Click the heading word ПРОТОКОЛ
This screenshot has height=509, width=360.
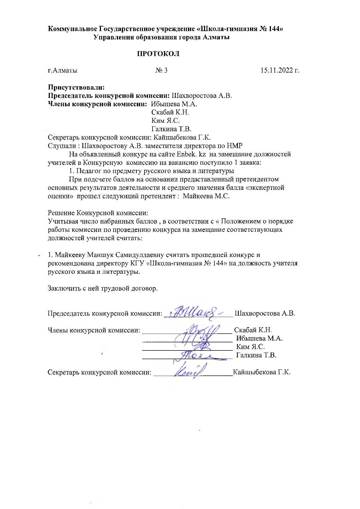(x=158, y=54)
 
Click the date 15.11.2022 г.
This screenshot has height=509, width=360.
(x=280, y=70)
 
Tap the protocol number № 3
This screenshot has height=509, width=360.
(x=161, y=70)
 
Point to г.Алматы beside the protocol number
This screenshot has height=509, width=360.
(x=62, y=70)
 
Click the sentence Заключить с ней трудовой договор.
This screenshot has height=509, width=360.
(x=102, y=289)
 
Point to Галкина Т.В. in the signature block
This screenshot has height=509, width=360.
(x=256, y=355)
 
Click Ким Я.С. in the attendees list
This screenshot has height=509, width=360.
(x=165, y=120)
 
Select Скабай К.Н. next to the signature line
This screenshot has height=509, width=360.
(x=253, y=330)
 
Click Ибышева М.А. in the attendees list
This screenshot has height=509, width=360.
(x=174, y=104)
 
